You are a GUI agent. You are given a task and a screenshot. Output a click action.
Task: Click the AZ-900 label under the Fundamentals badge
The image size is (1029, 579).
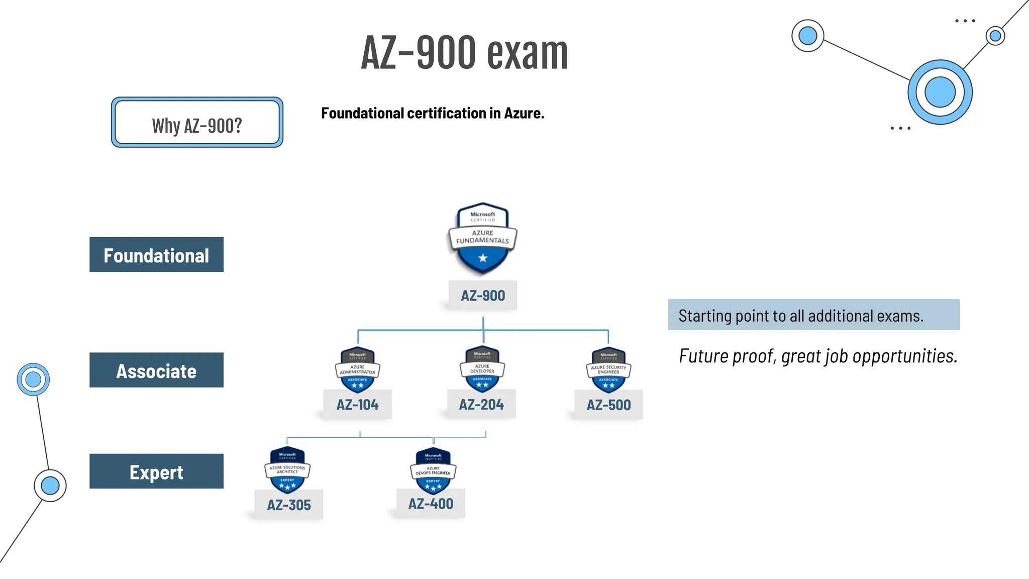(x=482, y=296)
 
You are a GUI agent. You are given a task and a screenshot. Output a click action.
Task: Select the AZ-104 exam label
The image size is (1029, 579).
(x=357, y=405)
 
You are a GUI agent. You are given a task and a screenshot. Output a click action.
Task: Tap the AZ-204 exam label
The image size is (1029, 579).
(x=481, y=404)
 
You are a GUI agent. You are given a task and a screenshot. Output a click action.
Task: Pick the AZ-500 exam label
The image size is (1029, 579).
(x=608, y=405)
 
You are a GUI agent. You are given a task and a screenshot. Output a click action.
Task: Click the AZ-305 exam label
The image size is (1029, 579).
(x=288, y=505)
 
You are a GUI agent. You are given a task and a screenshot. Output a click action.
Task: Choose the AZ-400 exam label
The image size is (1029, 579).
(x=431, y=504)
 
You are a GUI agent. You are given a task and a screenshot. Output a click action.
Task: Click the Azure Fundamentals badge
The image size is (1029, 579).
(x=482, y=238)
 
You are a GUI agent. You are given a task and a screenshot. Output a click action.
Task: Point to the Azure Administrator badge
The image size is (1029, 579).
(x=357, y=369)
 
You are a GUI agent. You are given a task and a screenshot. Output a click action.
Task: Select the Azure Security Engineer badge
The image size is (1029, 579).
(x=608, y=370)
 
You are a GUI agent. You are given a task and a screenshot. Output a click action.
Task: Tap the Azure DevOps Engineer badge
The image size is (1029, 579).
(x=433, y=470)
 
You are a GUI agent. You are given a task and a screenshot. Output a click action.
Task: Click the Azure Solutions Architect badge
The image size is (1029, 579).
(x=287, y=469)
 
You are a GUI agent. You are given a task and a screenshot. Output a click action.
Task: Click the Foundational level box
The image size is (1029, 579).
(x=156, y=255)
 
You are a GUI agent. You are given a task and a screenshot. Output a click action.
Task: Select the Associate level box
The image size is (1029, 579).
(x=156, y=370)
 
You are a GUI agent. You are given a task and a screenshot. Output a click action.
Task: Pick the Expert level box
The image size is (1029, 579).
(x=156, y=471)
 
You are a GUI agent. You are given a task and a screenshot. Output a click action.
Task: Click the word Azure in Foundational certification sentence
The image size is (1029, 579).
(x=524, y=114)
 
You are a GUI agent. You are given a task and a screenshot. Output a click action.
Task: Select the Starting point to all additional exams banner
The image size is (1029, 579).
(x=813, y=315)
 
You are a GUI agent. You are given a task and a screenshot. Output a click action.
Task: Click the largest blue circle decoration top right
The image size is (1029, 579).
(x=940, y=92)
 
